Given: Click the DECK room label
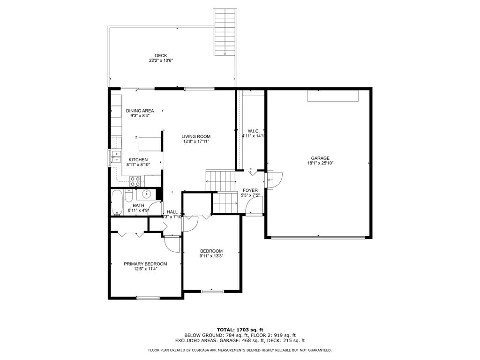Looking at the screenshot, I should click(x=161, y=56).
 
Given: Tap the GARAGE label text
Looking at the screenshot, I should click(x=320, y=158).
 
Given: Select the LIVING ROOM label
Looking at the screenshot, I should click(x=196, y=136).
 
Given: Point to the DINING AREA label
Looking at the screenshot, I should click(x=140, y=111).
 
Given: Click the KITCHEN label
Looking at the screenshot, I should click(x=138, y=159).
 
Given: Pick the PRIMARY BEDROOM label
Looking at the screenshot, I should click(x=145, y=264).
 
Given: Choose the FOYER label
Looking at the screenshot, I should click(x=250, y=190).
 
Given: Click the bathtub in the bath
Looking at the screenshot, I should click(x=117, y=202).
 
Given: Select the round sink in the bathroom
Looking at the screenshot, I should click(x=146, y=193).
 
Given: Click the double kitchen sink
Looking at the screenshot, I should click(x=116, y=157).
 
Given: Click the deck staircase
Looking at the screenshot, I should click(x=224, y=32).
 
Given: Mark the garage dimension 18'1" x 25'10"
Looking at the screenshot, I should click(x=320, y=163).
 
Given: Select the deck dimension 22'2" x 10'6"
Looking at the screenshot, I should click(x=161, y=61).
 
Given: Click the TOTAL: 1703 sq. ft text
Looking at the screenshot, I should click(x=240, y=330).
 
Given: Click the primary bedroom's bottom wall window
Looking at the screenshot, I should click(x=148, y=297).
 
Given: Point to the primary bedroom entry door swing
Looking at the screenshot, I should click(x=172, y=243).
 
